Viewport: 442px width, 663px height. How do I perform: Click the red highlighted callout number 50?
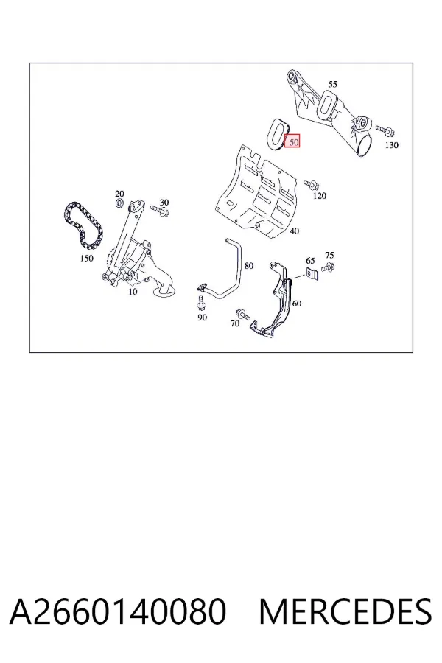point(292,141)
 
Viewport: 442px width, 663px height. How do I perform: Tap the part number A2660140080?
point(118,612)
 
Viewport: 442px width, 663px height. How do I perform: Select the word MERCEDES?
point(345,612)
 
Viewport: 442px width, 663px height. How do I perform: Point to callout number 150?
point(86,258)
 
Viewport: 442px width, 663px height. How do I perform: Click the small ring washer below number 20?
point(119,205)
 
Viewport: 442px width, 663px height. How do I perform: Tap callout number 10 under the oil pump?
point(133,291)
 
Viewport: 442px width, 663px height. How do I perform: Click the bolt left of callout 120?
point(312,184)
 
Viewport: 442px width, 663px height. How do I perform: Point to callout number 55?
point(332,84)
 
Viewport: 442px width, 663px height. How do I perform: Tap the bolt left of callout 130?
point(385,130)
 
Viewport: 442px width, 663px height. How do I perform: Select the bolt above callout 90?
point(200,304)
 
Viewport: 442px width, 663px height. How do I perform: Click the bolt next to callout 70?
point(243,314)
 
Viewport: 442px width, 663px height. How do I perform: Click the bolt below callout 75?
point(328,267)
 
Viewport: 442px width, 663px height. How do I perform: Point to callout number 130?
point(391,145)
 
